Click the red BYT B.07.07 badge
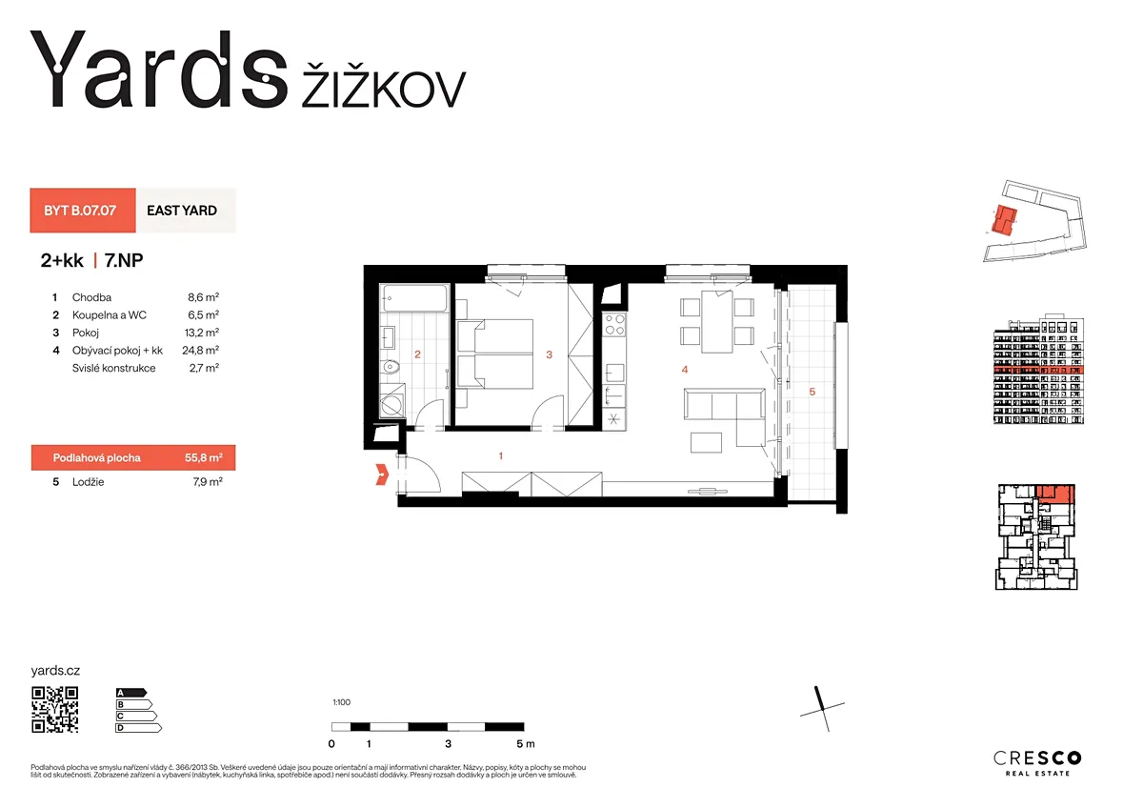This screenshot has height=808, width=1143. click(83, 211)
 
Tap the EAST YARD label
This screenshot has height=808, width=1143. click(182, 211)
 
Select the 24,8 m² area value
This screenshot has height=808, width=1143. click(201, 350)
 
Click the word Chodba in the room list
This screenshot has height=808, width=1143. click(91, 297)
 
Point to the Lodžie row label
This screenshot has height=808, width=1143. click(89, 482)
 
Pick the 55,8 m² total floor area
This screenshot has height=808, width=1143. click(204, 457)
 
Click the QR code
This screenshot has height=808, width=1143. click(55, 710)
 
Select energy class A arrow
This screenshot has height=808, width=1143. click(131, 693)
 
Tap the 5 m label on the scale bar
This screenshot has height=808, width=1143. click(525, 744)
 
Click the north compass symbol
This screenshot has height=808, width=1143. click(822, 709)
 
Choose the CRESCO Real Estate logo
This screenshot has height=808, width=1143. click(1037, 763)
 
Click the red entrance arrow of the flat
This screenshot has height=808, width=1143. click(382, 475)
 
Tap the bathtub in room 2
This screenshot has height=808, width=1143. click(415, 298)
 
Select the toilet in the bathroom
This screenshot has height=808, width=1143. click(390, 366)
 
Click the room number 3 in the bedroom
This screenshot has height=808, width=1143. click(549, 354)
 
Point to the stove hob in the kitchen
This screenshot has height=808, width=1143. click(614, 325)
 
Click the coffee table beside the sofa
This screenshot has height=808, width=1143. click(706, 442)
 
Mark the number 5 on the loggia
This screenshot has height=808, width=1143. click(812, 392)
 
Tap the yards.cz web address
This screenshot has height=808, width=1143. click(55, 670)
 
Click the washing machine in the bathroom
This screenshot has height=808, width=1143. click(392, 405)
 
